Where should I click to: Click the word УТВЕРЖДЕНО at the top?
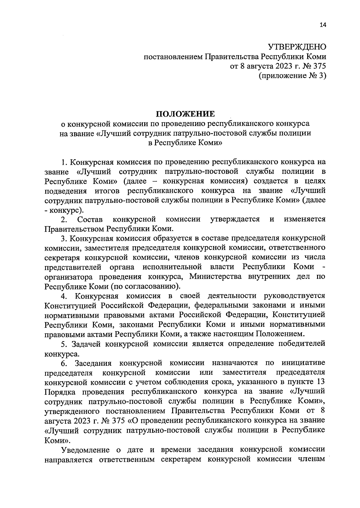point(296,47)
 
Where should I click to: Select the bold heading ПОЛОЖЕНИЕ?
point(185,114)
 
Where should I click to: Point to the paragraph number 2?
point(63,220)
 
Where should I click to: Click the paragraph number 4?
point(63,296)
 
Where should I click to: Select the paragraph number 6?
point(63,363)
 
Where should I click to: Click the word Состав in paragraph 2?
point(90,219)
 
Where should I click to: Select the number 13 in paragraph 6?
point(321,382)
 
